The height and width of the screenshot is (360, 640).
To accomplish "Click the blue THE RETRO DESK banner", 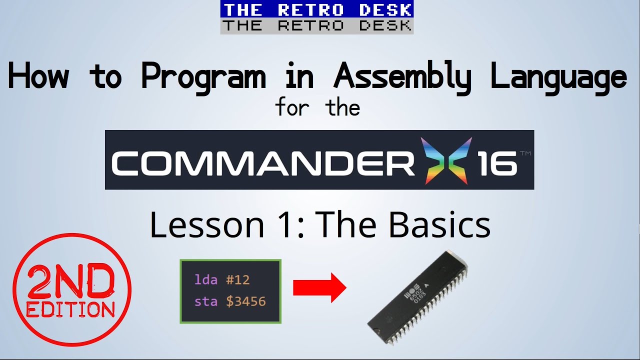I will point(317,9).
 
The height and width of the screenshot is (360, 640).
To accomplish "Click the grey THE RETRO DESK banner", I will point(317,26).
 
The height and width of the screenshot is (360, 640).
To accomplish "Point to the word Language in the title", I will point(558,77).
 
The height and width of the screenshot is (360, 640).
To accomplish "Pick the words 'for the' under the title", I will point(317,107).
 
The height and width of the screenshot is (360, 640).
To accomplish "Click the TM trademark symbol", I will point(524,153).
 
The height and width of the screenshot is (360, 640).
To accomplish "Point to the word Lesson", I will point(206,225).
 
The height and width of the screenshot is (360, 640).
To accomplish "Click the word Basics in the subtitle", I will point(439,225).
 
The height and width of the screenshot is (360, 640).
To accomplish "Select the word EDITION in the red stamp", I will point(70,309).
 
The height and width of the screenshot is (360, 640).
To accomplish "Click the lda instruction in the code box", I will point(205,279).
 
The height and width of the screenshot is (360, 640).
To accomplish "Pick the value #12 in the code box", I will point(237,279).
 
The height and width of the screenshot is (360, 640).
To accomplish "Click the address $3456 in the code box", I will point(245,301).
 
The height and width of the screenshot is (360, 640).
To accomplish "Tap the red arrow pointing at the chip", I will point(319,288).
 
